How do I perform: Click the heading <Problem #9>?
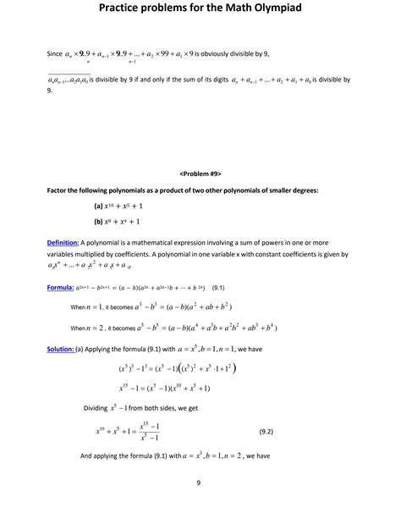tap(200, 173)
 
